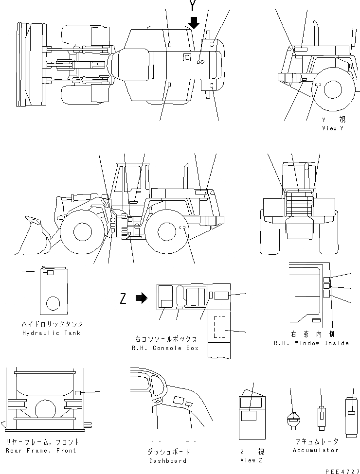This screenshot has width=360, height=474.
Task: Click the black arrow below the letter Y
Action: [x=194, y=22]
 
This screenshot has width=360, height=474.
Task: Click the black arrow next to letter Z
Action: [x=141, y=298]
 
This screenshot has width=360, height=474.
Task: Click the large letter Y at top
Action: [x=194, y=6]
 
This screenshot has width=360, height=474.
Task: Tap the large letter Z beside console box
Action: [x=124, y=298]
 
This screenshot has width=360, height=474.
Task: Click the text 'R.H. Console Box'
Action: [x=165, y=348]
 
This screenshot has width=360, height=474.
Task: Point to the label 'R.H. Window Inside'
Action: [x=311, y=343]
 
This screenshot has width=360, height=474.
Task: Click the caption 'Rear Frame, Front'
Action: [x=41, y=451]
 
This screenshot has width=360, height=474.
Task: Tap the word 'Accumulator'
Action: [x=315, y=450]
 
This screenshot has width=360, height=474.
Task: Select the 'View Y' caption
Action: [x=332, y=128]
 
